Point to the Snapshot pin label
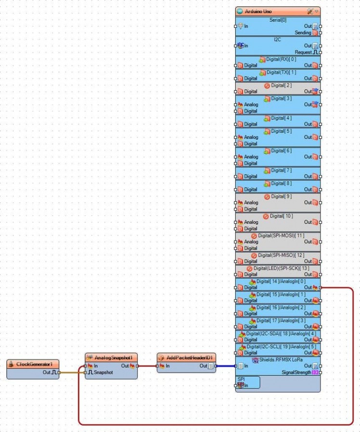[103, 372]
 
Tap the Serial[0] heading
[278, 20]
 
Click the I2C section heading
[278, 39]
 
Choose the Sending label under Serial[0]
[303, 33]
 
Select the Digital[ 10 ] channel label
[281, 216]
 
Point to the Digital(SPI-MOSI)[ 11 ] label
[282, 236]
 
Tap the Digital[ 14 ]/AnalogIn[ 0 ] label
[281, 281]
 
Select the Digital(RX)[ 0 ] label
[281, 59]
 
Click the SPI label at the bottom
[241, 379]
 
